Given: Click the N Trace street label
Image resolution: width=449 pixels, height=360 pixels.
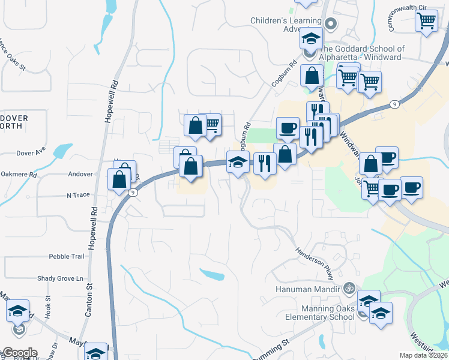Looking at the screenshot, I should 77,195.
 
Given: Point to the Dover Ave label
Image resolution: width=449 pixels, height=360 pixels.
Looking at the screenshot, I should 31,152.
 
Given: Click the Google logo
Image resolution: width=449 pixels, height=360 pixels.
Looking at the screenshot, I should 19,353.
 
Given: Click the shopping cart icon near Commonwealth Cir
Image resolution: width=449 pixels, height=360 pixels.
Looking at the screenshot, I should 426,20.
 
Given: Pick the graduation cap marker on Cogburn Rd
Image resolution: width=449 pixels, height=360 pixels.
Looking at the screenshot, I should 238,162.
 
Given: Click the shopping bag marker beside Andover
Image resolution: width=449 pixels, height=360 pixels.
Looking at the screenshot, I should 119,178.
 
